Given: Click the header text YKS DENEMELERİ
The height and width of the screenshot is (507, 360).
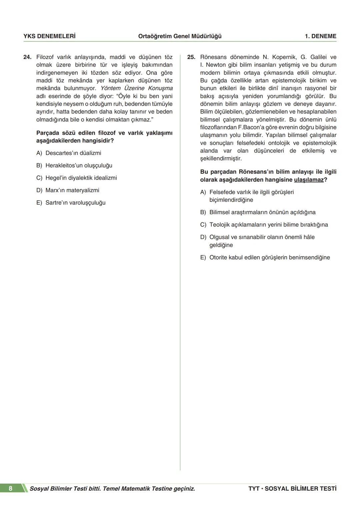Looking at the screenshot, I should [49, 36].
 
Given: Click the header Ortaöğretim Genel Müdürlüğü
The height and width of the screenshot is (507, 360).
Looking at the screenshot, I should [180, 36].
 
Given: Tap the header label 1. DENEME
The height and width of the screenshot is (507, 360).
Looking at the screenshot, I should [320, 36].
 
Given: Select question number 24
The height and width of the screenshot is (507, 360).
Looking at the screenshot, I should [27, 57].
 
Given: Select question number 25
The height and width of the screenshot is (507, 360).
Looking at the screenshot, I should [191, 57].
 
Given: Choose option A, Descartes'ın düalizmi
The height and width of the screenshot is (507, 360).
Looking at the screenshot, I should [73, 153].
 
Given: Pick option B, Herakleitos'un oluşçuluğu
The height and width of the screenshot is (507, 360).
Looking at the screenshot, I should [79, 166].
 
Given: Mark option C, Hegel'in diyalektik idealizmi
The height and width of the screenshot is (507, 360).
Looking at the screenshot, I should [81, 178].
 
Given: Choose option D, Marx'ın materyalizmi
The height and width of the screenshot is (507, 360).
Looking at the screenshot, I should [72, 191].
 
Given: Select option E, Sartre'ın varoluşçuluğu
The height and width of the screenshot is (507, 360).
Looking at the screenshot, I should [75, 203].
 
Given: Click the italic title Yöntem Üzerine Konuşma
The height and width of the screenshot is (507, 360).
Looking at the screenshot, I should [137, 88].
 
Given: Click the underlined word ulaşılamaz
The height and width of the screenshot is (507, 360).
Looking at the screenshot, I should [309, 180].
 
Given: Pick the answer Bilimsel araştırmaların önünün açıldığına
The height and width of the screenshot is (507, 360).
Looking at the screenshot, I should [262, 213].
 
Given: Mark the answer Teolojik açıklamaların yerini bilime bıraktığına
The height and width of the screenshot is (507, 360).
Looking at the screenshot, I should [268, 225].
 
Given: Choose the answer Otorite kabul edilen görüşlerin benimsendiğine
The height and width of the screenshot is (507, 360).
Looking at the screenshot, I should [269, 257].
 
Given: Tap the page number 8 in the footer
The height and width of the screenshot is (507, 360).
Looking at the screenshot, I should [11, 489].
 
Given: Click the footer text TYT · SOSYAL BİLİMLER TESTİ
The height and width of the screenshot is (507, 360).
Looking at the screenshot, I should [292, 489].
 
